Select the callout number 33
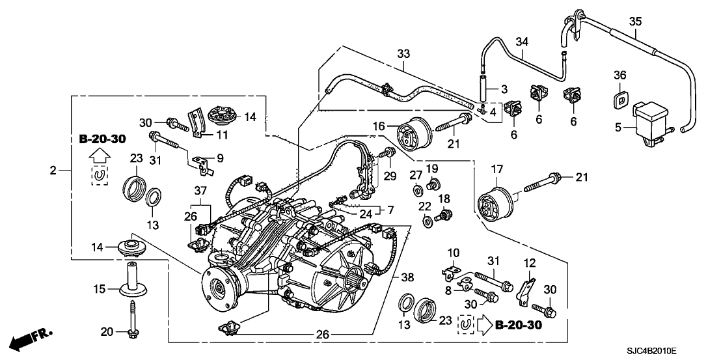click(x=403, y=53)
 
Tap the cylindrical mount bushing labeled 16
click(x=412, y=137)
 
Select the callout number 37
click(x=199, y=189)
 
